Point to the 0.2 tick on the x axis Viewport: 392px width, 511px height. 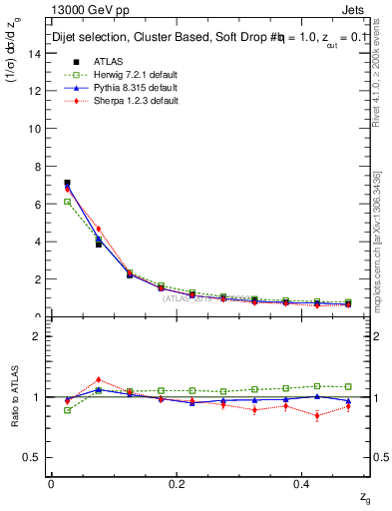(178, 483)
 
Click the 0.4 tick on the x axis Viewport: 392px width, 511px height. (303, 483)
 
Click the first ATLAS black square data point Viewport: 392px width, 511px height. (67, 183)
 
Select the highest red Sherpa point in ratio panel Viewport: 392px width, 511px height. (98, 379)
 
